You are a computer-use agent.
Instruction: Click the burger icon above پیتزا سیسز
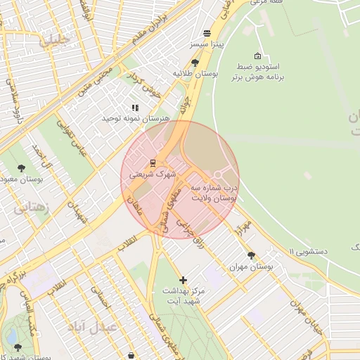(207, 33)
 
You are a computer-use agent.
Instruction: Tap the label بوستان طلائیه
(195, 72)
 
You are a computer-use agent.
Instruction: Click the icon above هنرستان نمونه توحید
(134, 108)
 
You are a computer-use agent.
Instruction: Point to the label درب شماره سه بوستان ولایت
(214, 194)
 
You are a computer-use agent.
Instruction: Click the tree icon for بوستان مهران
(251, 255)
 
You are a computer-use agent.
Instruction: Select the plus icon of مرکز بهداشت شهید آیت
(183, 280)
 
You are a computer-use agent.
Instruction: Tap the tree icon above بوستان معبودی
(21, 168)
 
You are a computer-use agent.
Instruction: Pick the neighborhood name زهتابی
(31, 207)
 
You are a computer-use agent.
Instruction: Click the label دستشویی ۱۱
(309, 251)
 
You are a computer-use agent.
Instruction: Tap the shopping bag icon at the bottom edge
(134, 355)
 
